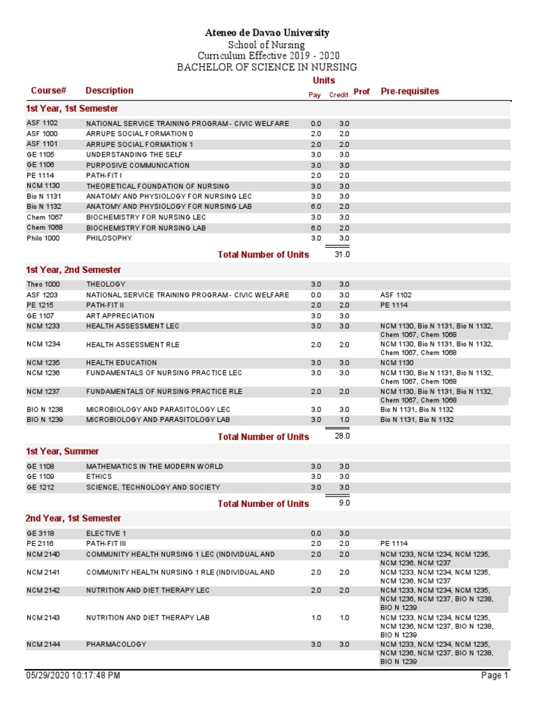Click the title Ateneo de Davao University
(x=267, y=33)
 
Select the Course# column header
(x=48, y=91)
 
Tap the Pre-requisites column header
(x=410, y=91)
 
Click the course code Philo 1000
(x=43, y=238)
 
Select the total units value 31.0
(x=341, y=255)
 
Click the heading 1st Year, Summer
(x=63, y=451)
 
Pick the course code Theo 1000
(x=43, y=284)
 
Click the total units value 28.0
(x=341, y=436)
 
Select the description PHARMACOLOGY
(x=116, y=645)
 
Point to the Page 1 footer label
(x=495, y=675)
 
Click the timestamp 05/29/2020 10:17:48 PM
(x=73, y=675)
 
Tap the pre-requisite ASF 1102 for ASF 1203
(x=396, y=295)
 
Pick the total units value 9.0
(x=343, y=503)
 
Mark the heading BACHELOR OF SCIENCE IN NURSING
(x=267, y=68)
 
